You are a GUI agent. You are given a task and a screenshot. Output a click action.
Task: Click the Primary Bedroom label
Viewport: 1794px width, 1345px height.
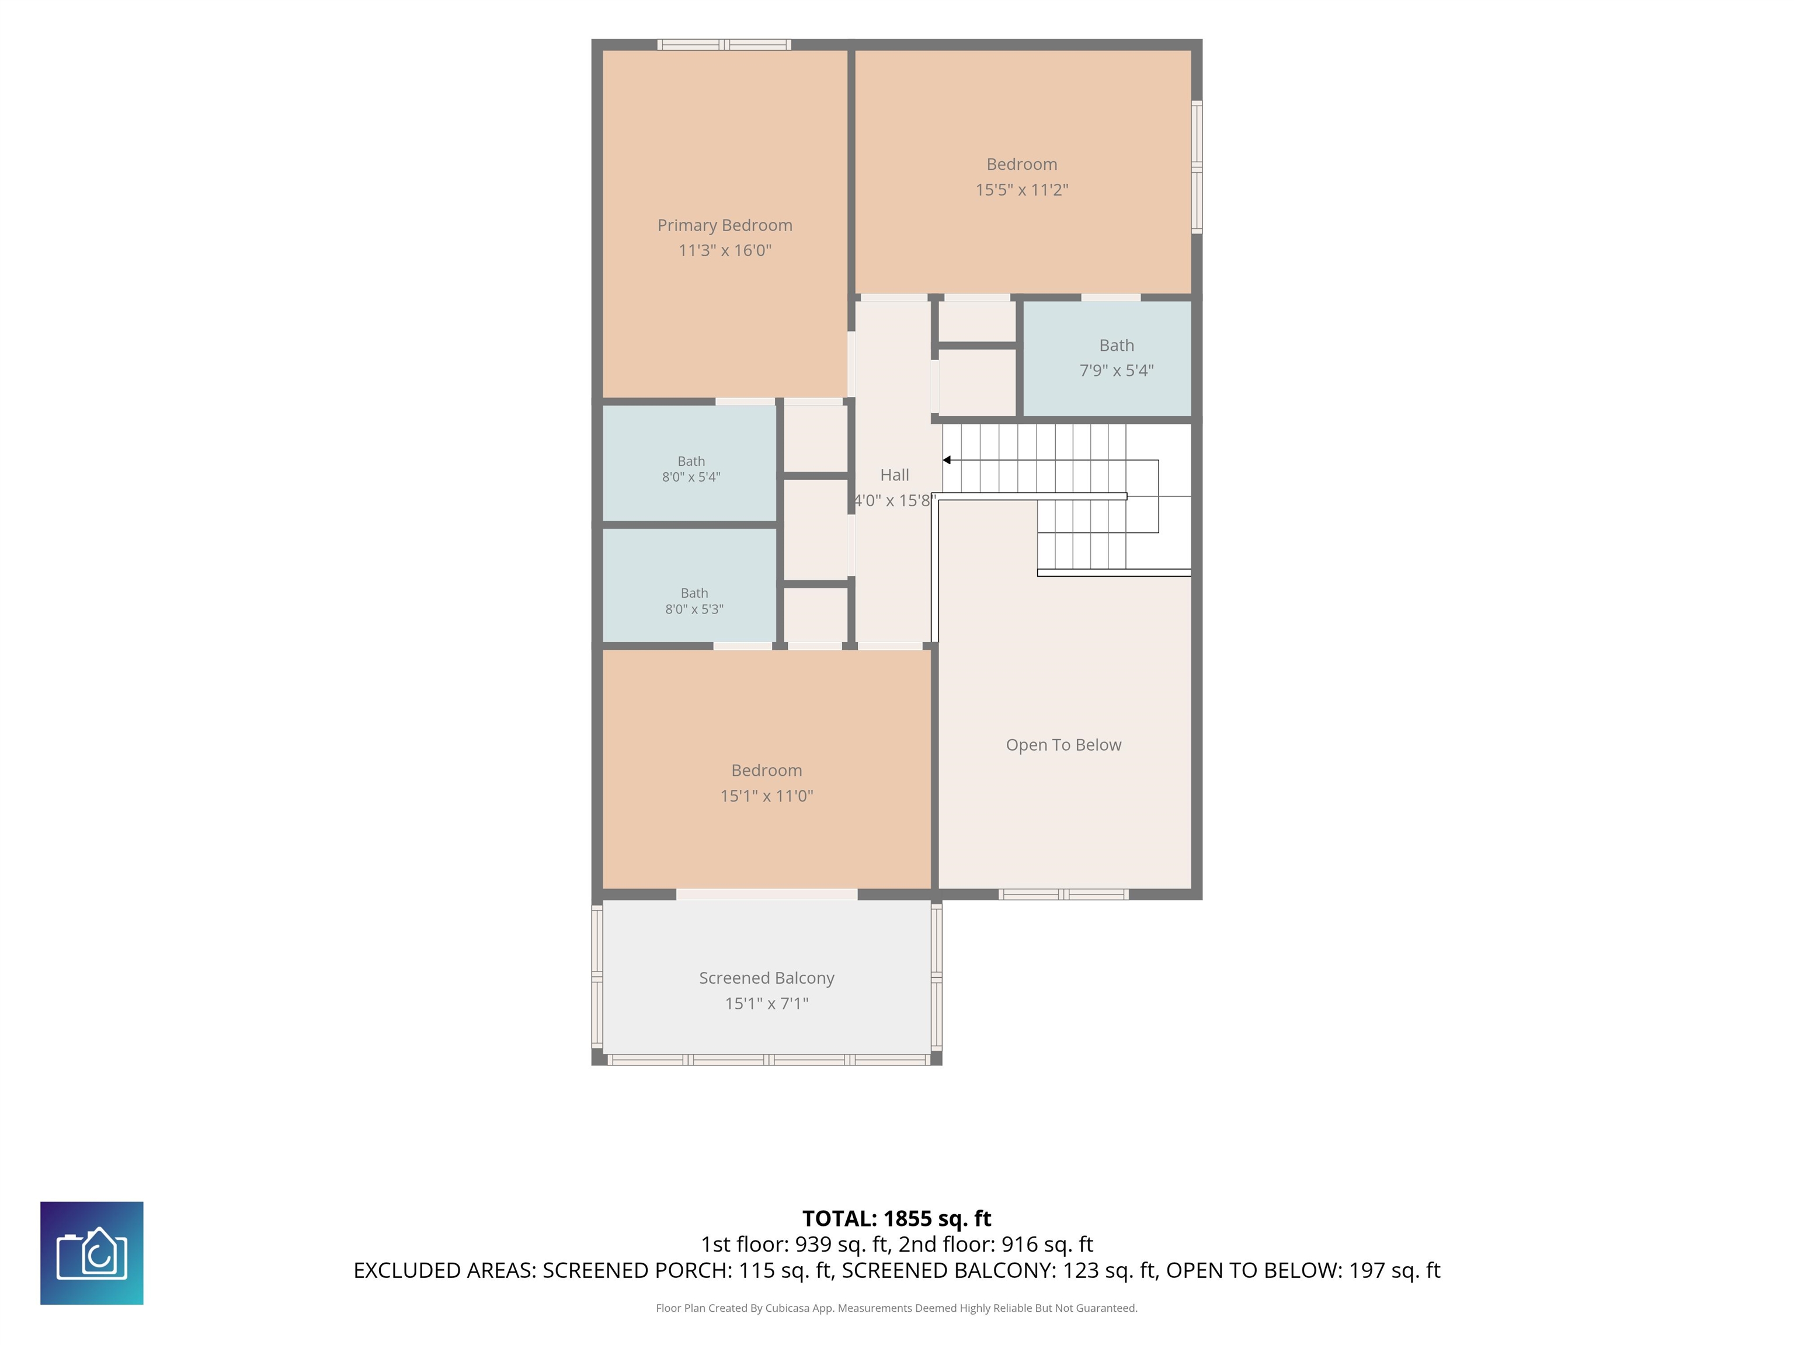[724, 225]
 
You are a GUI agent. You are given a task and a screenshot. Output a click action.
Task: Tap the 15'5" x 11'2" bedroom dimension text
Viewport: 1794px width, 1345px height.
[1021, 190]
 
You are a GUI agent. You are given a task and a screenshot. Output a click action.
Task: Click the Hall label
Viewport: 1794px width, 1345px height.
[895, 475]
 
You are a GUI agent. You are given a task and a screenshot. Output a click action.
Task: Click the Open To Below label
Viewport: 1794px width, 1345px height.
[1063, 745]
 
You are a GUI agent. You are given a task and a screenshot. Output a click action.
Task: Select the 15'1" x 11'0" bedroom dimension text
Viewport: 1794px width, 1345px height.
[766, 796]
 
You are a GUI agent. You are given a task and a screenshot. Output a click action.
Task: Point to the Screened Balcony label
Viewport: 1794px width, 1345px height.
[766, 978]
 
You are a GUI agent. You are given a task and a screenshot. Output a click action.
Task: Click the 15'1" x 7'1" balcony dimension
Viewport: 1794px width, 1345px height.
[766, 1003]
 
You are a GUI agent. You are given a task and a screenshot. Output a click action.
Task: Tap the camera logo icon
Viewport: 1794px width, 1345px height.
[92, 1253]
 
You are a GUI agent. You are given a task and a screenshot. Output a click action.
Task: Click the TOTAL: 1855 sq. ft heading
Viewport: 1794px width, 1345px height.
[896, 1218]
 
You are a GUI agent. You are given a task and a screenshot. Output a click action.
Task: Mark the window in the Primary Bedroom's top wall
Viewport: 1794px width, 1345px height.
[724, 44]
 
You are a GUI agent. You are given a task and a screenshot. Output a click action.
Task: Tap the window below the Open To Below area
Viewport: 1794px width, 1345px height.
[1063, 894]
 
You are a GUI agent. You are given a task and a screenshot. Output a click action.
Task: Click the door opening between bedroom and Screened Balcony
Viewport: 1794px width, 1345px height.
[766, 894]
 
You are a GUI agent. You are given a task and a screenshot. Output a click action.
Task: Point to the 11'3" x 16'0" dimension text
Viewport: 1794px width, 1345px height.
[724, 250]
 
